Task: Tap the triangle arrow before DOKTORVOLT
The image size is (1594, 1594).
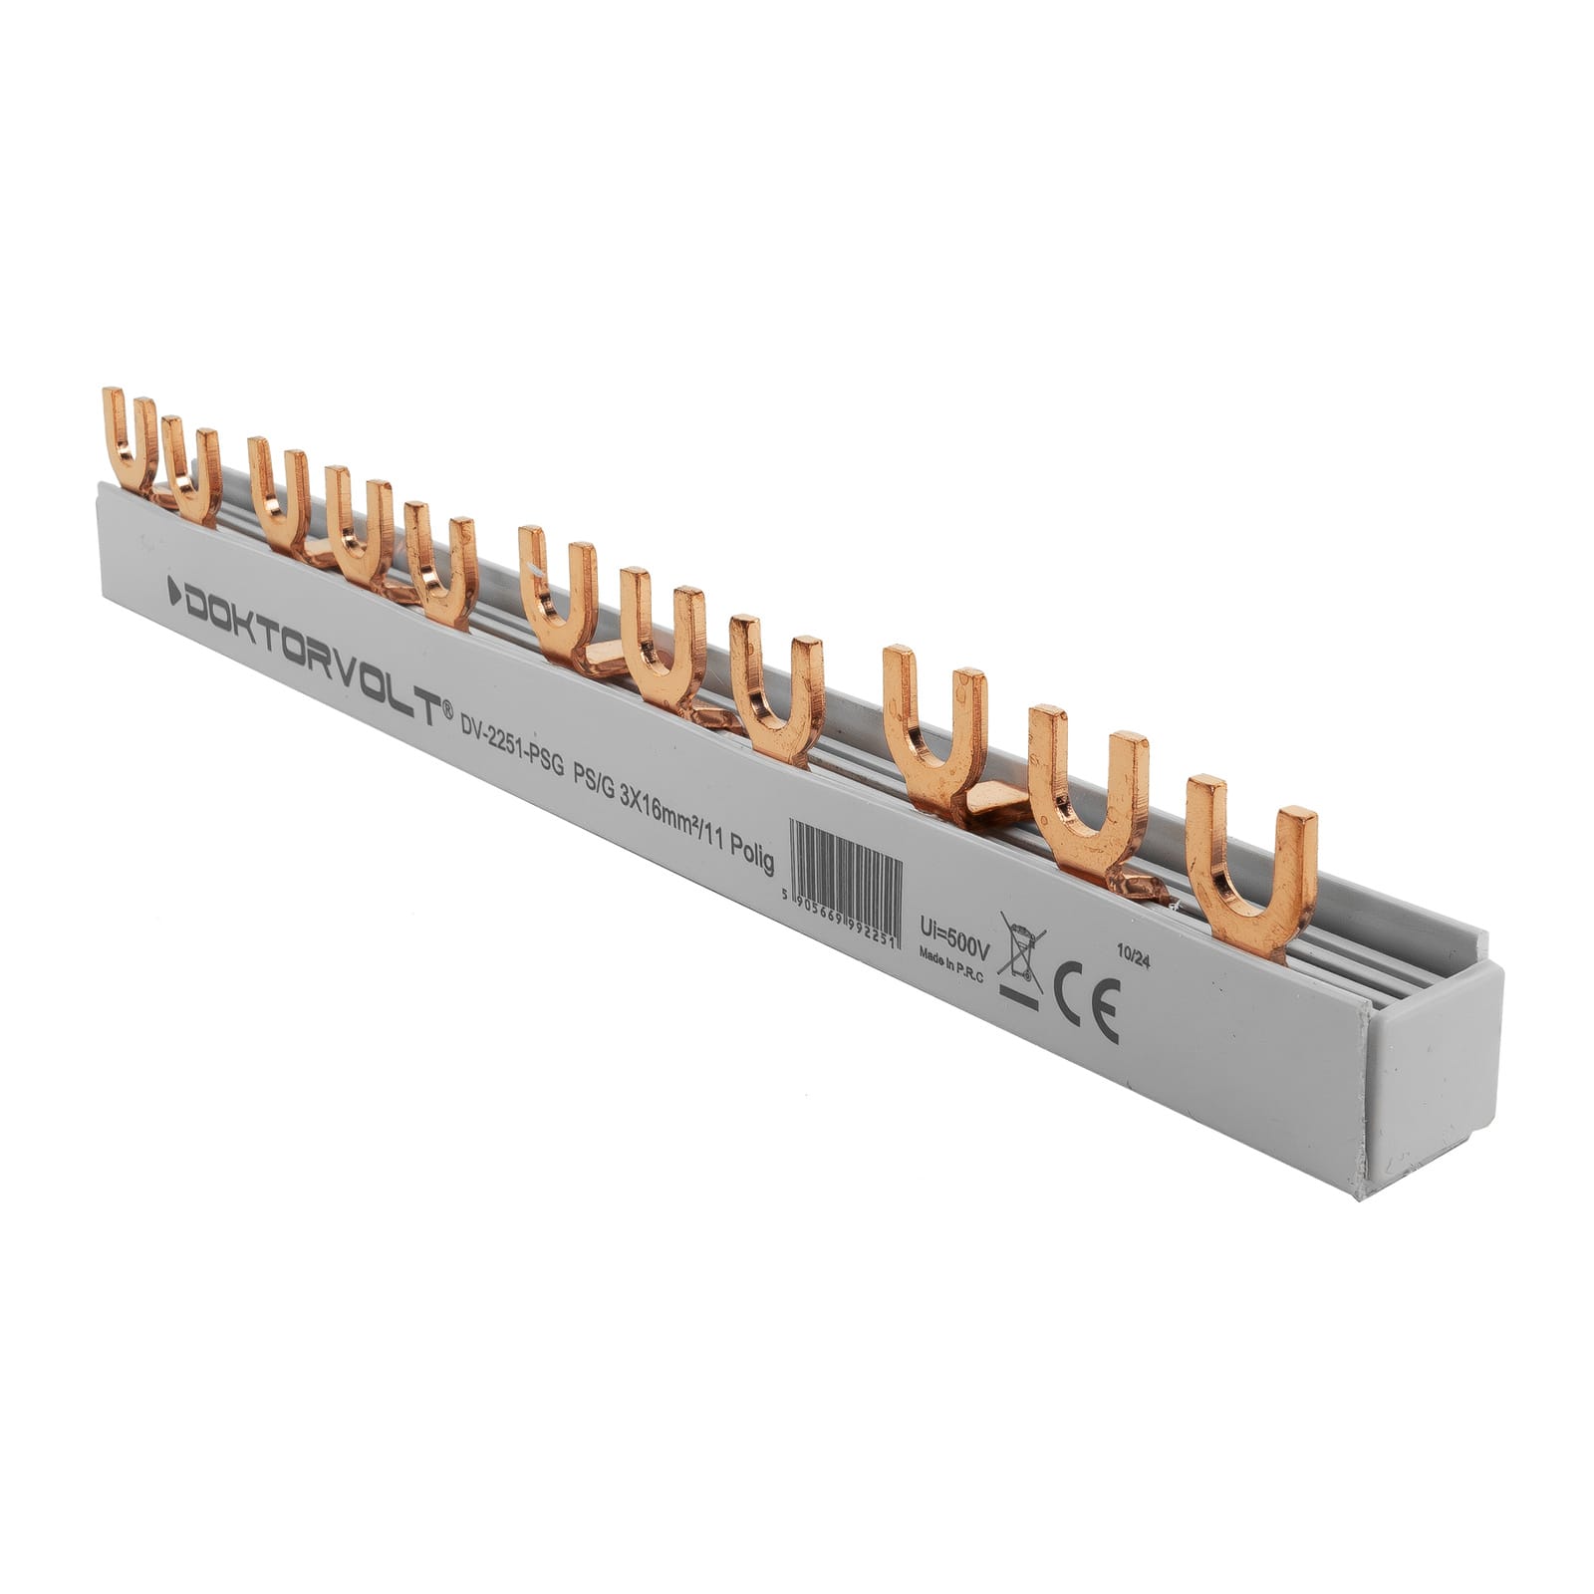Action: pos(174,587)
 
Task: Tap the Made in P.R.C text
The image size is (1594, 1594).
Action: pos(950,962)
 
